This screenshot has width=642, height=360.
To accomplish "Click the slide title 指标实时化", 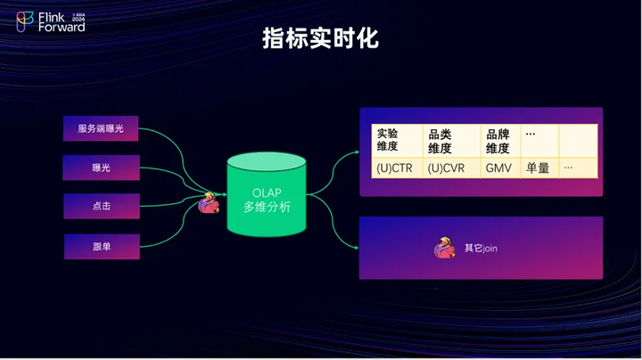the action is [x=320, y=38].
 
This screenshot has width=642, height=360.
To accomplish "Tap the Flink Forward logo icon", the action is [x=25, y=21].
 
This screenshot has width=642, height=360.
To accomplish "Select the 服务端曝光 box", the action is [x=101, y=128].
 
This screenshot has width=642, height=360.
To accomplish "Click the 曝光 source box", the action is [x=101, y=168].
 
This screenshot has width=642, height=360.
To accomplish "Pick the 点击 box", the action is [x=102, y=206].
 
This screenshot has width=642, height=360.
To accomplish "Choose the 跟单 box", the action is [x=102, y=247].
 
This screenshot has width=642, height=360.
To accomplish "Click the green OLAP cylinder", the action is [x=267, y=195].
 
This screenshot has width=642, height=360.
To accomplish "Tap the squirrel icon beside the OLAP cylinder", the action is [x=209, y=203].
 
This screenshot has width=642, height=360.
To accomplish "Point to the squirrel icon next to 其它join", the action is [x=445, y=248].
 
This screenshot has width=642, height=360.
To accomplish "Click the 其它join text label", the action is [x=481, y=249].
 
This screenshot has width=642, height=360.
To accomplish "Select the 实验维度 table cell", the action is [x=397, y=140].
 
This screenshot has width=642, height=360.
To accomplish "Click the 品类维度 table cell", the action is [x=451, y=140].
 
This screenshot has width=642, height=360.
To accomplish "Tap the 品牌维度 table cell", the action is [x=501, y=140].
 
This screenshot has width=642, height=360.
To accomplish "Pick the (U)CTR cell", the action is [x=397, y=168].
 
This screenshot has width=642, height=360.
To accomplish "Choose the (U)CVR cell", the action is [x=451, y=168].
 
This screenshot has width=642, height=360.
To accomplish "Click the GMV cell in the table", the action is [x=501, y=168].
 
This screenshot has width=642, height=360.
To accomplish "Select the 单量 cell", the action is [x=539, y=168].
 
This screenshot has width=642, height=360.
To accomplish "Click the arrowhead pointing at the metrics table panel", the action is [x=358, y=152].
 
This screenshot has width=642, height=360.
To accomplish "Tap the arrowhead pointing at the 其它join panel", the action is [x=357, y=248].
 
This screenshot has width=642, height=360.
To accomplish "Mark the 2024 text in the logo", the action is [x=78, y=19].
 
